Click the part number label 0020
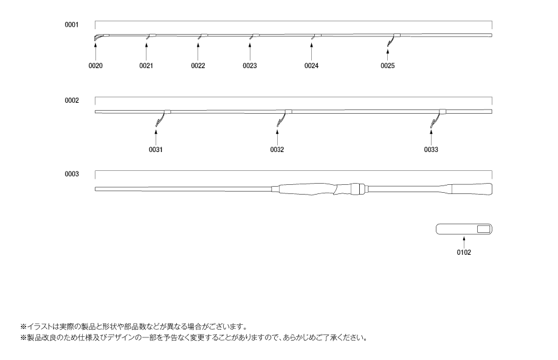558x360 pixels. [95, 66]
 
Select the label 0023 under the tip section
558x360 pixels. [249, 66]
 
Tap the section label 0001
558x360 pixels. [72, 24]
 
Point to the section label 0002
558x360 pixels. [72, 100]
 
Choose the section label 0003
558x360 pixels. [72, 174]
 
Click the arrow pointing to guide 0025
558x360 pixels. [388, 55]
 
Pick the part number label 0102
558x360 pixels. [464, 252]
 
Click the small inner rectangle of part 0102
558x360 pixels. [483, 229]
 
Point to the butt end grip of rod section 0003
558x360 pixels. [472, 189]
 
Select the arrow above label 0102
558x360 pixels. [464, 242]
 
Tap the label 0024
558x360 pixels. [311, 66]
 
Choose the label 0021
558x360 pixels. [146, 66]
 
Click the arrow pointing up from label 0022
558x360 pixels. [198, 52]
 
